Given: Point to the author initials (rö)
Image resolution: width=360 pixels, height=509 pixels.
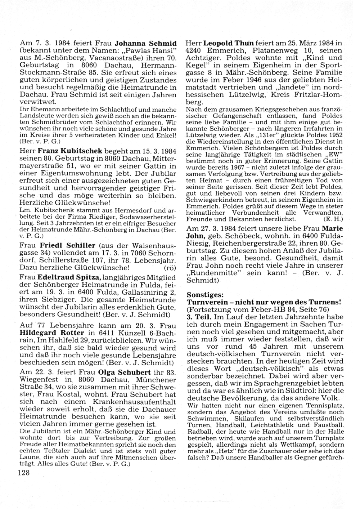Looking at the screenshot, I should (x=169, y=268).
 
